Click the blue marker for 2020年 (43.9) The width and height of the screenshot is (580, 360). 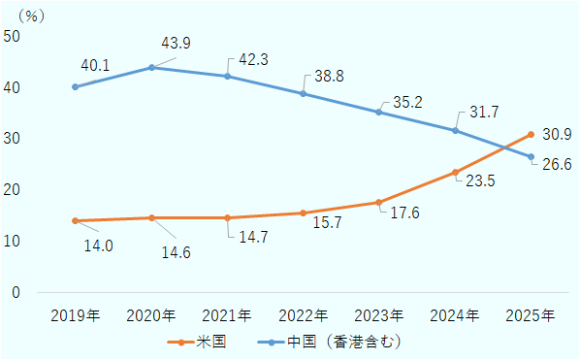(151, 67)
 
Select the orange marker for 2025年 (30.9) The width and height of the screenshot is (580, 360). (531, 134)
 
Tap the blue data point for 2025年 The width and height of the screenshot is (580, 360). (531, 156)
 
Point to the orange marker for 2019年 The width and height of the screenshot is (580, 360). (76, 220)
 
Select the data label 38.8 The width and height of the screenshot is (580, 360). (322, 75)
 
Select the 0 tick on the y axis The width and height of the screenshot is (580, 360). (16, 292)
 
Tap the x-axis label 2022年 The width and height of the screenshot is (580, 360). (304, 316)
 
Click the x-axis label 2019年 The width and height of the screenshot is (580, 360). (76, 316)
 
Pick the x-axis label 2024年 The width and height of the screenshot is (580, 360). (455, 316)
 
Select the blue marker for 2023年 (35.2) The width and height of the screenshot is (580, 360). (379, 112)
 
